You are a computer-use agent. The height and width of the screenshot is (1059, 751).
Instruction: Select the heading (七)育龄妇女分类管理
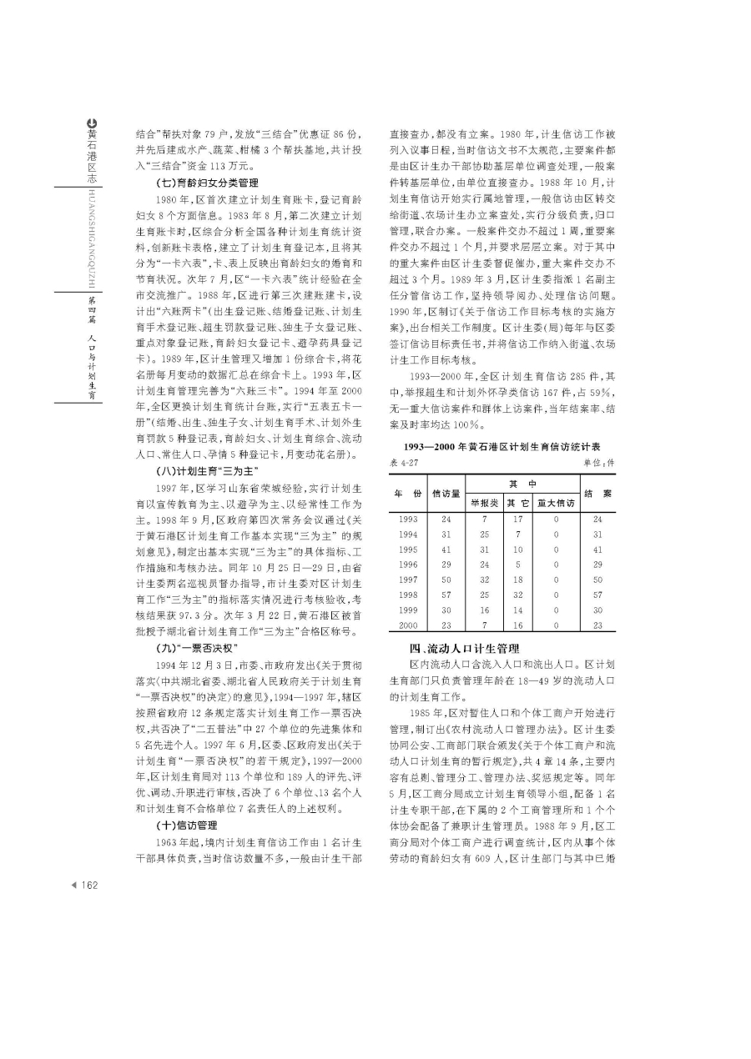coord(207,182)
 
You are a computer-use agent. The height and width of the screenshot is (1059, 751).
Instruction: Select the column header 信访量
coord(446,494)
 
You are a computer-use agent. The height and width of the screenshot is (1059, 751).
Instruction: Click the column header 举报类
coord(485,504)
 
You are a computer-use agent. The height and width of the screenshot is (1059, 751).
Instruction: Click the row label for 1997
coord(409,579)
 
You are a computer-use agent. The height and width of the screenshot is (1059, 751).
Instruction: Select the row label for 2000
coord(409,625)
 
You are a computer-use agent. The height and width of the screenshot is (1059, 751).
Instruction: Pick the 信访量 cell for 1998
coord(446,595)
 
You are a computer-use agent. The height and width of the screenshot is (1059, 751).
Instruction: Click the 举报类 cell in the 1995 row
coord(485,549)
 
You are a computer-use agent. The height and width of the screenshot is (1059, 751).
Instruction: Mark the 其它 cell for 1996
coord(518,564)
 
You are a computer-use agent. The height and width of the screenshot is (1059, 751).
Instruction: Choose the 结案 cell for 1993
coord(597,519)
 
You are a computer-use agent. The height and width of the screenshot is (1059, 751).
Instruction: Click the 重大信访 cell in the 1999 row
coord(556,610)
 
